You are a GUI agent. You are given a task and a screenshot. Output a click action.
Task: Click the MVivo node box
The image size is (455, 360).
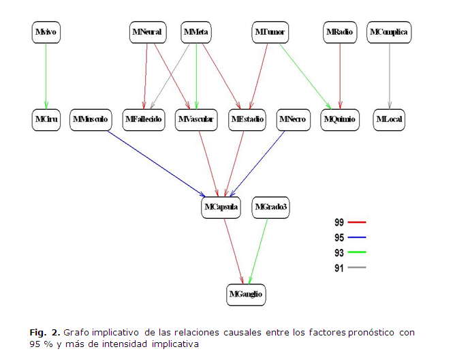(46, 32)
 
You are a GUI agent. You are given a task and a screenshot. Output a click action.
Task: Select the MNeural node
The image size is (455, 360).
(148, 32)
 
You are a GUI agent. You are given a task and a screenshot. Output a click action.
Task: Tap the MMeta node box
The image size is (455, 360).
(195, 32)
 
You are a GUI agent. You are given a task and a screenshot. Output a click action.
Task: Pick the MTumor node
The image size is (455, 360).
(271, 32)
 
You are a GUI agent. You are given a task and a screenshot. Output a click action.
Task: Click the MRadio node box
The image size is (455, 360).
(339, 32)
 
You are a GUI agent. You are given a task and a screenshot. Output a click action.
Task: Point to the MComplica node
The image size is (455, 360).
(389, 32)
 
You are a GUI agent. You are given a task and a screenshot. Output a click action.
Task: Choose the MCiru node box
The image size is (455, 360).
(47, 119)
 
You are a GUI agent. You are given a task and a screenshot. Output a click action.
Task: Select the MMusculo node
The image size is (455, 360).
(90, 119)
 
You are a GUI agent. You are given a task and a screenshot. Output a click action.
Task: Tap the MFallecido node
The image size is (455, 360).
(143, 119)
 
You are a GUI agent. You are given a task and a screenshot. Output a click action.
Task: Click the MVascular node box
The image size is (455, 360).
(195, 119)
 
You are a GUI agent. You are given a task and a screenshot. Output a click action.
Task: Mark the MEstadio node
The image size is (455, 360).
(247, 119)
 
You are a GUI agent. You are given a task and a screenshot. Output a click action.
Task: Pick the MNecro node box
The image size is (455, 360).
(292, 119)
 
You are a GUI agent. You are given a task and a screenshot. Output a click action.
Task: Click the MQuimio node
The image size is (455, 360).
(339, 119)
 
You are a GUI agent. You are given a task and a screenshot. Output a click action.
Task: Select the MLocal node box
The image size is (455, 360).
(389, 119)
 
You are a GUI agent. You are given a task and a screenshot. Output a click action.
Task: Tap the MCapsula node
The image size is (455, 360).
(221, 207)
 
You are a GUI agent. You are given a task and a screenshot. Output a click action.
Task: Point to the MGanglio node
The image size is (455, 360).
(246, 294)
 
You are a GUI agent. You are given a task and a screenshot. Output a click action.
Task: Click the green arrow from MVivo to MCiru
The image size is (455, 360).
(46, 75)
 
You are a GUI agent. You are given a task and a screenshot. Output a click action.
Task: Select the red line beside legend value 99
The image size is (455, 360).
(357, 222)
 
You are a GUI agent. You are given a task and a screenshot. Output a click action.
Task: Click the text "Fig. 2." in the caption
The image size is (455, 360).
(45, 332)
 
